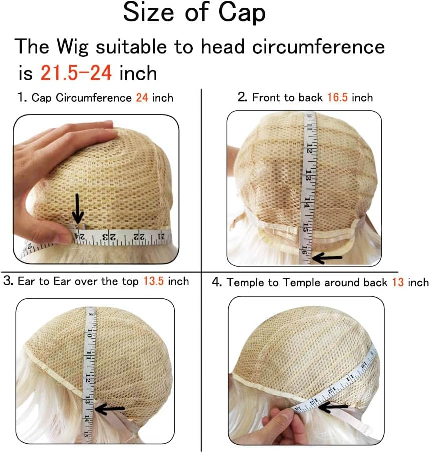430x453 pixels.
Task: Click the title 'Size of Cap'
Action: point(194,13)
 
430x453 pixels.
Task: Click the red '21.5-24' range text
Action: point(75,73)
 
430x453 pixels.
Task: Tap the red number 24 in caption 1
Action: point(142,98)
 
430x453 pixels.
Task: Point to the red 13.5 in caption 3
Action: point(153,281)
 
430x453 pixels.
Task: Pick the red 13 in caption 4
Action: point(398,283)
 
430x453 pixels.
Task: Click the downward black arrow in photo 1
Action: point(77,209)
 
